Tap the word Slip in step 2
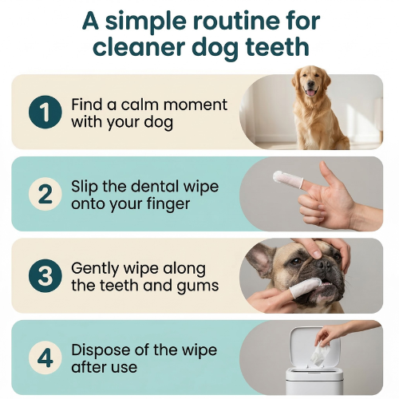86,187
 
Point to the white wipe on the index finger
283,178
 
